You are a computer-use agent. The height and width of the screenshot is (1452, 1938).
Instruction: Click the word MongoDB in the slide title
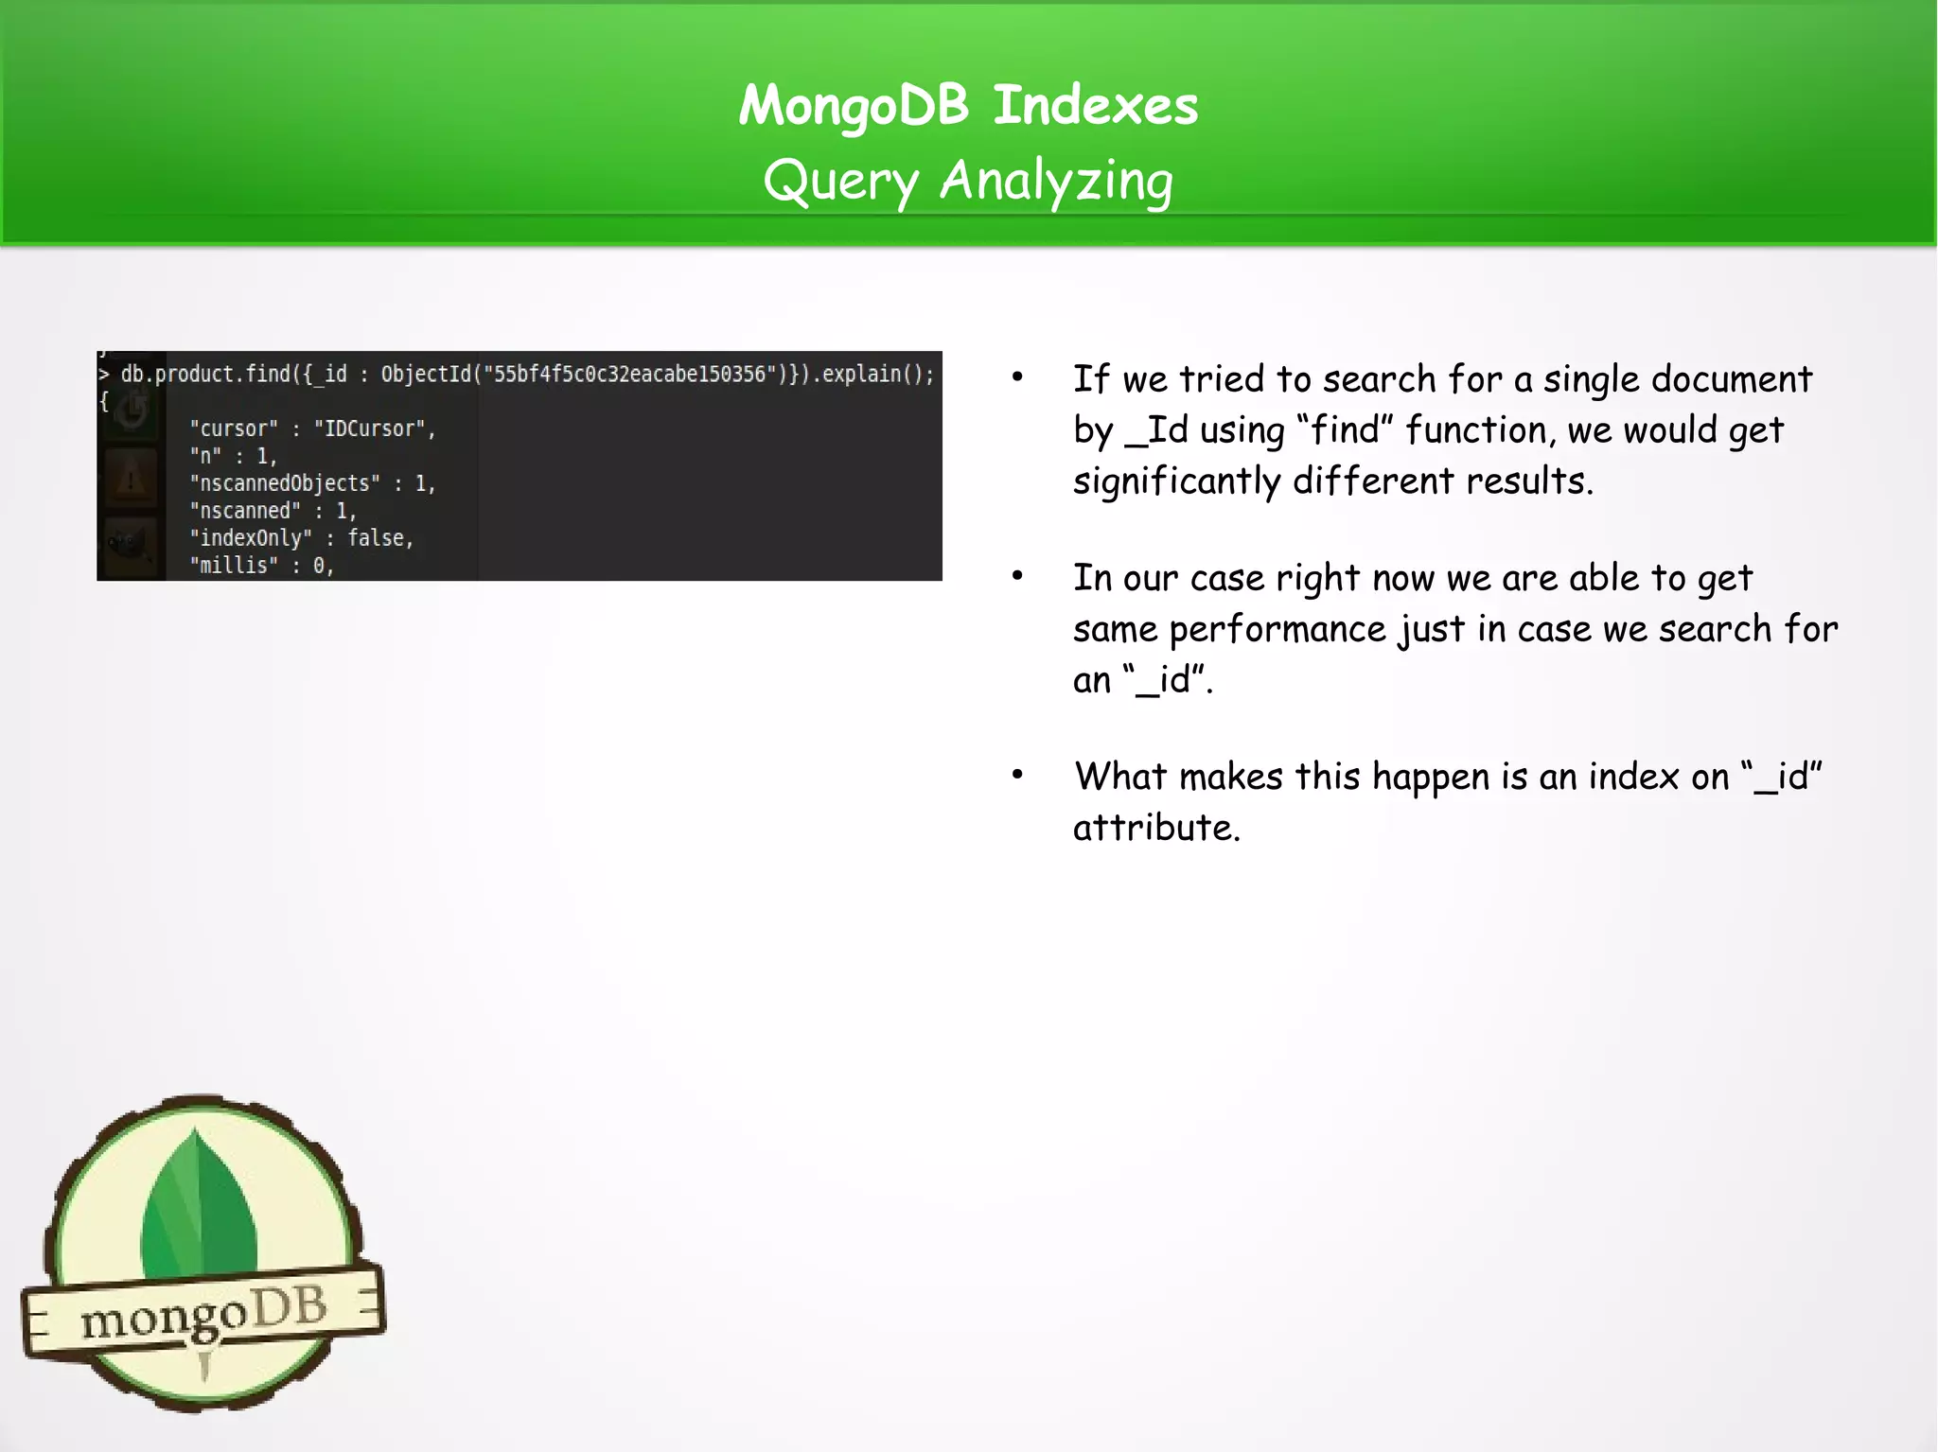tap(854, 105)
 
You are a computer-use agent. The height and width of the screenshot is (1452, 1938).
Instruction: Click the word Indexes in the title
tap(1095, 105)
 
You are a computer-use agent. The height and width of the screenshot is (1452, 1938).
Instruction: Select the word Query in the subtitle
tap(840, 181)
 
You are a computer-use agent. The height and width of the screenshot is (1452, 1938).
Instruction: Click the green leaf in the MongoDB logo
tap(200, 1206)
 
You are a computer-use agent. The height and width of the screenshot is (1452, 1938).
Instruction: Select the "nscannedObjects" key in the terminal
tap(284, 483)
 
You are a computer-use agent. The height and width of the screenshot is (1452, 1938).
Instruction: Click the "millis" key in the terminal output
tap(234, 566)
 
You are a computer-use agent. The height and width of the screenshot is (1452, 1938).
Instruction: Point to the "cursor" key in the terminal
tap(234, 429)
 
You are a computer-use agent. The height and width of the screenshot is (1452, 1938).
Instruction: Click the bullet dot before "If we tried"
tap(1017, 377)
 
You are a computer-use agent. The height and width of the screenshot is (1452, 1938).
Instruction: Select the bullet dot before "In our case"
tap(1017, 576)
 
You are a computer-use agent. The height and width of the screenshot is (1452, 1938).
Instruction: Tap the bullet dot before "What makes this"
tap(1017, 775)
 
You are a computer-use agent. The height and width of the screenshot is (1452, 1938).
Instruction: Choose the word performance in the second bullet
tap(1277, 629)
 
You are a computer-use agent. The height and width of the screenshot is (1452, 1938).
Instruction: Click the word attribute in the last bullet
tap(1155, 828)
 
